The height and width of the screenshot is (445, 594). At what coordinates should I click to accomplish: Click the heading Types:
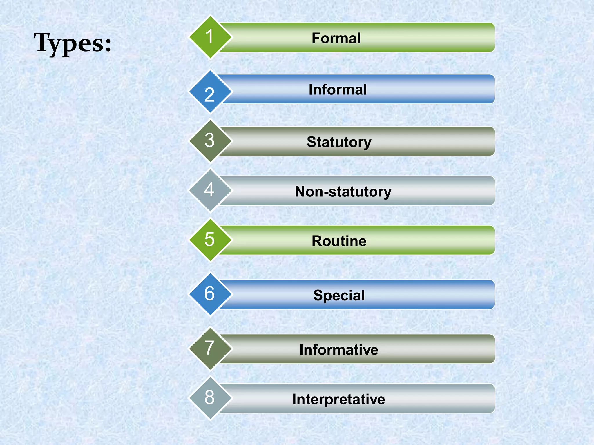(73, 43)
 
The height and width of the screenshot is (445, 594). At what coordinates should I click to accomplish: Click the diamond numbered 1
(210, 37)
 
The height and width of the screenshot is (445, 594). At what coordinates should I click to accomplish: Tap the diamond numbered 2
(210, 92)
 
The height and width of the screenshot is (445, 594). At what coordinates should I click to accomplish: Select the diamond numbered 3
(210, 141)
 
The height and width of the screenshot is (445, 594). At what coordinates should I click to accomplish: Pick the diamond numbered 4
(210, 190)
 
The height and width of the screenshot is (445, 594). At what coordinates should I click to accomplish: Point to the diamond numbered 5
(210, 240)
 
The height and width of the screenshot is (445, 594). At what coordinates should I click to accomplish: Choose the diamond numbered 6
(210, 294)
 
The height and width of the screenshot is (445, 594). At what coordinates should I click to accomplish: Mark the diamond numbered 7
(210, 349)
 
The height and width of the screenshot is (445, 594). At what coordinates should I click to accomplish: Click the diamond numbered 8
(210, 398)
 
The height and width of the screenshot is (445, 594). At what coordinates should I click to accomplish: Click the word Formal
(336, 38)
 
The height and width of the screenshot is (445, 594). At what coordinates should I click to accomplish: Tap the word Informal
(338, 90)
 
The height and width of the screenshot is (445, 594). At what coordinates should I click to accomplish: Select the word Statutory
(339, 142)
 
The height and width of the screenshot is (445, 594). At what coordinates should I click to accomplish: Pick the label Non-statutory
(343, 192)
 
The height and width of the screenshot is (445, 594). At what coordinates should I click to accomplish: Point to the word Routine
(339, 241)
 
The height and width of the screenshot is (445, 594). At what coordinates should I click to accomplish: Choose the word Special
(339, 296)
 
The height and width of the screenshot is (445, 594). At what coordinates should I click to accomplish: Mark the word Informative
(339, 350)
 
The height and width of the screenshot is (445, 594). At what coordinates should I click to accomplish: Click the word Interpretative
(338, 399)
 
